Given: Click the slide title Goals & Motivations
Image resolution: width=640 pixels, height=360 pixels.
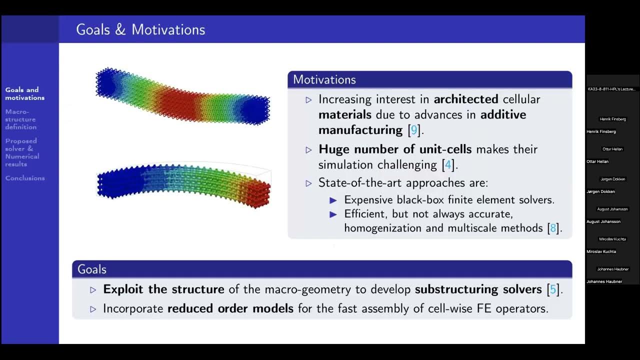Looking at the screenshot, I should [x=140, y=29].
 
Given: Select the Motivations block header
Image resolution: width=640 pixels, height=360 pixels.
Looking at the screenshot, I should [x=324, y=79].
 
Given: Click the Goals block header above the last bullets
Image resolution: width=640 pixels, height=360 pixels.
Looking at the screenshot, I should [x=92, y=269].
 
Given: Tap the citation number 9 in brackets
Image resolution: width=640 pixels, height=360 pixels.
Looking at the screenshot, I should [x=413, y=130].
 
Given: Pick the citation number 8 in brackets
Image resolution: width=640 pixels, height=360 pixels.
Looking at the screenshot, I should [x=553, y=228].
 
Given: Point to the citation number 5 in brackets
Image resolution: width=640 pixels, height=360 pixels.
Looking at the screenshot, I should [x=553, y=289].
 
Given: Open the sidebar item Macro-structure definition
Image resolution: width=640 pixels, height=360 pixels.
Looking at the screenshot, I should [x=21, y=119].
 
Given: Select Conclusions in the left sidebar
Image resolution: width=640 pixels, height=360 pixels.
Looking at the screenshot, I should [x=25, y=178].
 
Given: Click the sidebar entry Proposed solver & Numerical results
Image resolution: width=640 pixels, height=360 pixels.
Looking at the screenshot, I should [x=22, y=152].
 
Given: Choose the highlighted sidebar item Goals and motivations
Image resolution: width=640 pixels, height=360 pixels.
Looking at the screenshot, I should [x=24, y=94].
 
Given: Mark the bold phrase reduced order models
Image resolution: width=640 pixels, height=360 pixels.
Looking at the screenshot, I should [x=230, y=308].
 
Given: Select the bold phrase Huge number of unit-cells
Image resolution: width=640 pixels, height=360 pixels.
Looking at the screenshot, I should [x=395, y=149].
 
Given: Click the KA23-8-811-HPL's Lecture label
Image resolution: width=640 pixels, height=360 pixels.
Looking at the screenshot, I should [x=612, y=89].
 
